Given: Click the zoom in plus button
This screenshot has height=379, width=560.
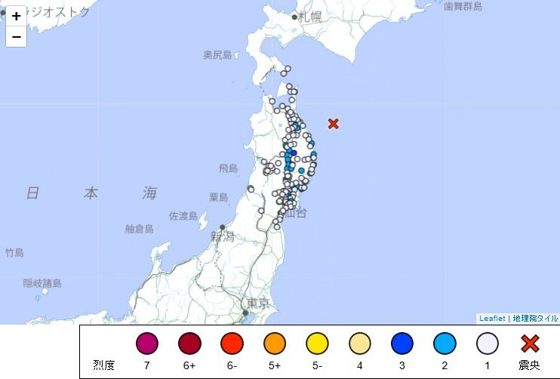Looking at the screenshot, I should (16, 16).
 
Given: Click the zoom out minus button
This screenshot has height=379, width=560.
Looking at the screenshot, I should (16, 35).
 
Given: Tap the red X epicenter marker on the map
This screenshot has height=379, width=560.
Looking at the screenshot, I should (333, 123).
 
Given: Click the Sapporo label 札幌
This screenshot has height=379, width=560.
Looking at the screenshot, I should (309, 17).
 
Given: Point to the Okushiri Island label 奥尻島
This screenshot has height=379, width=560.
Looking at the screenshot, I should (217, 54).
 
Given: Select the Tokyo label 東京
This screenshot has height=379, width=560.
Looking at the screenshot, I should (258, 304).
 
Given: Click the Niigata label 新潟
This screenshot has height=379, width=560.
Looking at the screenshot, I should (223, 237).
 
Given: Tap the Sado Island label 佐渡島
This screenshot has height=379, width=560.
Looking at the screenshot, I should (183, 216).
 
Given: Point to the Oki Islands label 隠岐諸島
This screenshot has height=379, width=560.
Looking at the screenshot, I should (42, 283).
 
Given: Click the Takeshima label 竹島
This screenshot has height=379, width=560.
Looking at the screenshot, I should (14, 252).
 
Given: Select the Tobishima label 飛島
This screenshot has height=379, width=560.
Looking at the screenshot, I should (228, 168).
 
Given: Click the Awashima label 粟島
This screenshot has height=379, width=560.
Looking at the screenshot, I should (219, 197).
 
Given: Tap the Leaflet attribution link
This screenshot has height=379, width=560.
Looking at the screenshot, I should (493, 319).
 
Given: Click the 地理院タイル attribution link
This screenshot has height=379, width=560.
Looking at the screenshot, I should (535, 319).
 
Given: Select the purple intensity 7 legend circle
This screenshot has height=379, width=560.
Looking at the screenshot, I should (147, 344).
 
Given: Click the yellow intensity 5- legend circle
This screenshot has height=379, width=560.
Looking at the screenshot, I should (317, 344).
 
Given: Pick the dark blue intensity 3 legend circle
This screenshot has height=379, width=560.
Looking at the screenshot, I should (402, 344).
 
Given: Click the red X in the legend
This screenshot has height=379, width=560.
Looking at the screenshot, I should (530, 344).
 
